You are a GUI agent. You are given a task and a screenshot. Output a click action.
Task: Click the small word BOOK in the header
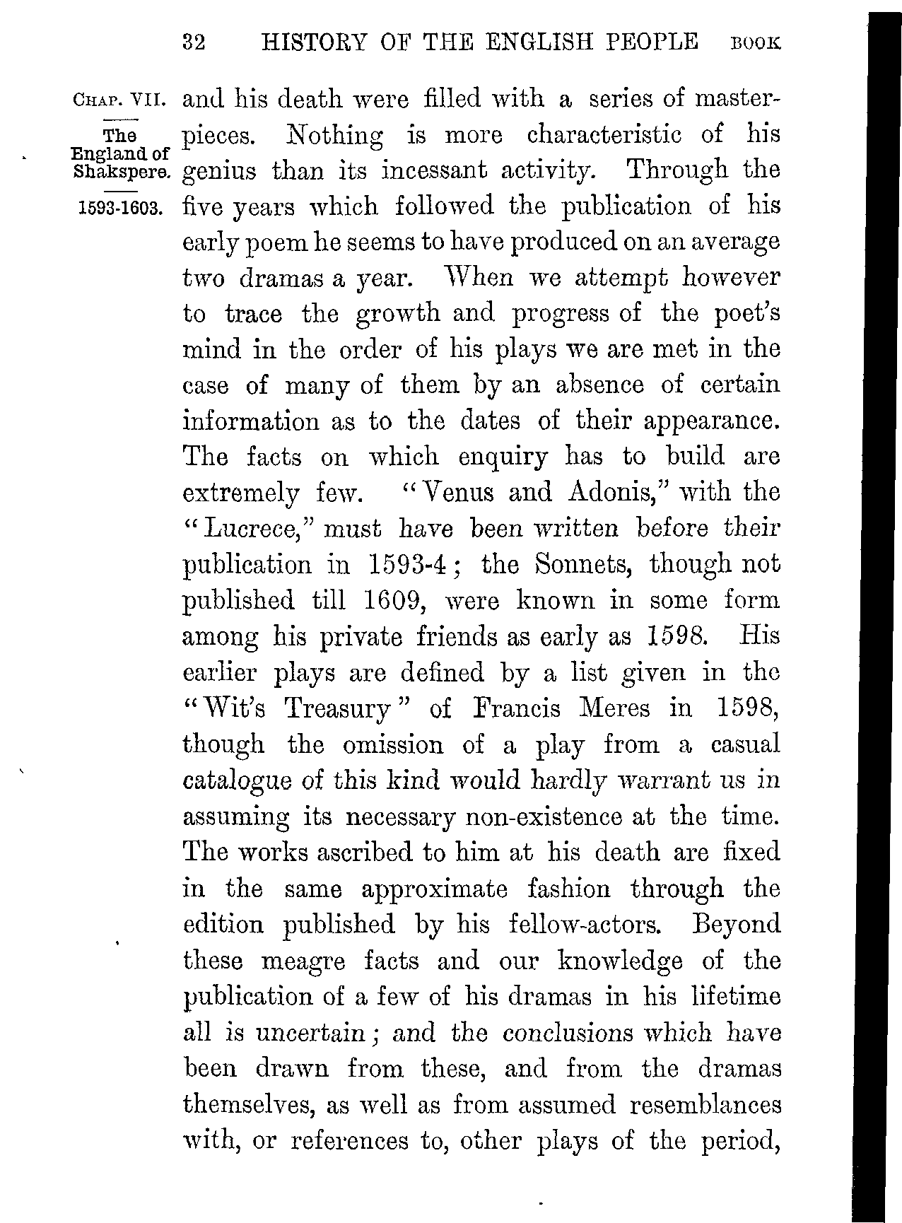[x=756, y=44]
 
